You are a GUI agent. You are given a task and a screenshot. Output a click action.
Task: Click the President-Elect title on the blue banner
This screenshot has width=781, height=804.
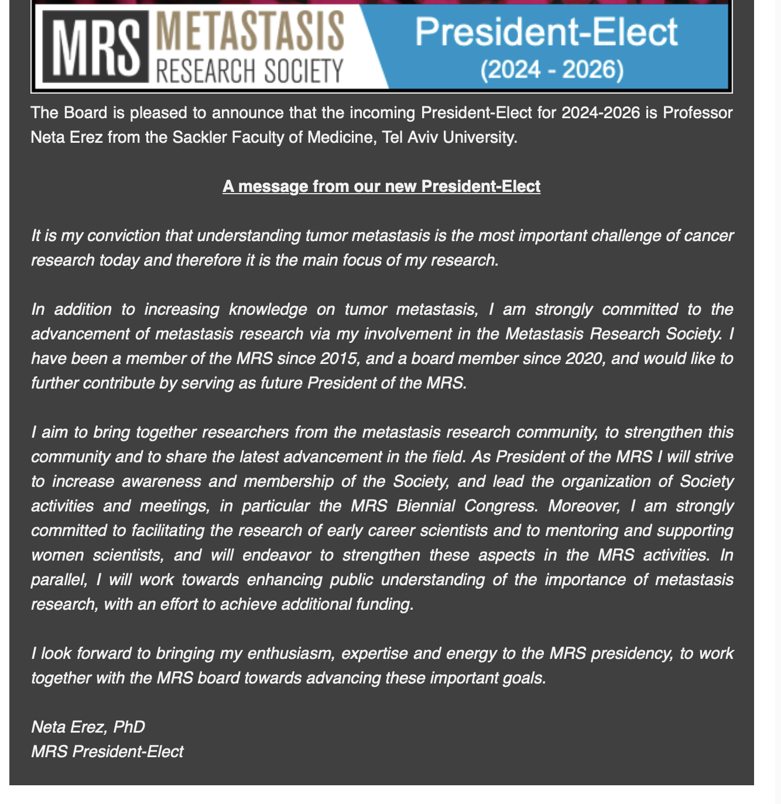546,32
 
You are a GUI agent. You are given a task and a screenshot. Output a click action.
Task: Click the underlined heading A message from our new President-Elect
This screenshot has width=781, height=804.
381,187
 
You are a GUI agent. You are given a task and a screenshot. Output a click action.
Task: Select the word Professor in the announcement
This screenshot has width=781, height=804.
697,112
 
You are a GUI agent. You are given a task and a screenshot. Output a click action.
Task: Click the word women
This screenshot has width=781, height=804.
57,555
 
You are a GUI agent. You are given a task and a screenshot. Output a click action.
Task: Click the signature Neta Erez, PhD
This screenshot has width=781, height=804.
88,727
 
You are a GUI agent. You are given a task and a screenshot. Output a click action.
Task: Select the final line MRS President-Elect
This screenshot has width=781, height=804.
107,751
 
